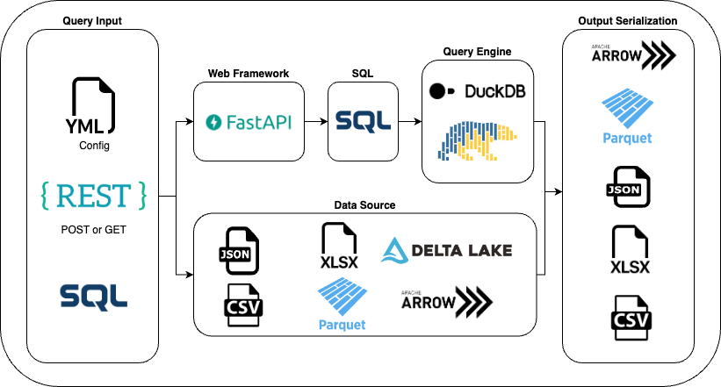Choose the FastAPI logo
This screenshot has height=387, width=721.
click(249, 122)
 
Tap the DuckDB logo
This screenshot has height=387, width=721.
click(478, 90)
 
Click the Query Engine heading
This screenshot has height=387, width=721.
click(478, 52)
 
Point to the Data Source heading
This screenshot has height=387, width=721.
click(364, 204)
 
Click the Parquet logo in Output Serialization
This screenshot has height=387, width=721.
click(627, 113)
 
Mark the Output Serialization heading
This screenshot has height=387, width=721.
click(627, 20)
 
